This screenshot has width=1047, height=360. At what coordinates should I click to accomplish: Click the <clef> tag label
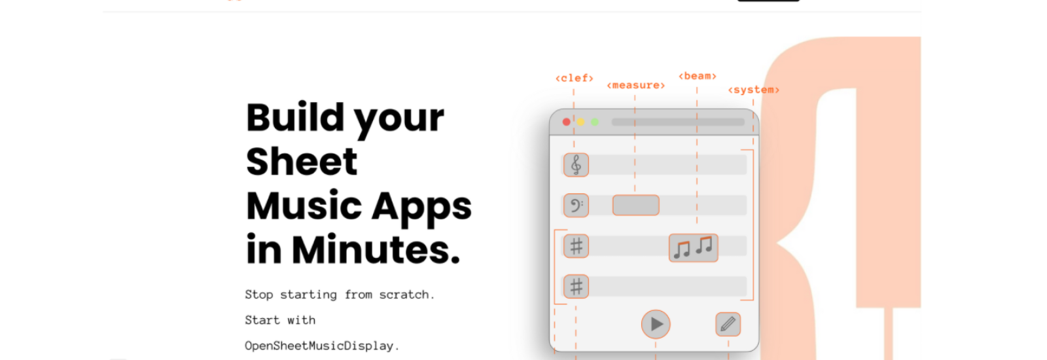(575, 78)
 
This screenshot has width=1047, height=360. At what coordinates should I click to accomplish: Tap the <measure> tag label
(635, 85)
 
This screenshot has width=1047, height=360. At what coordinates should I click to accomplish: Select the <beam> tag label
(698, 76)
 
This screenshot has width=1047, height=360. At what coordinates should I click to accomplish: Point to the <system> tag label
(753, 90)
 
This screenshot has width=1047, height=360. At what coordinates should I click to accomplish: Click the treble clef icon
(576, 164)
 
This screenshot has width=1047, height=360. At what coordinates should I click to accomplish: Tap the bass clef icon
(576, 206)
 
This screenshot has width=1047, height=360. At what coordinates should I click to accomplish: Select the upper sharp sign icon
(576, 246)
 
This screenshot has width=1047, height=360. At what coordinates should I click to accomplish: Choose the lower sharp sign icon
(576, 287)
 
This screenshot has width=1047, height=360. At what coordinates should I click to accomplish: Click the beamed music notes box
(693, 248)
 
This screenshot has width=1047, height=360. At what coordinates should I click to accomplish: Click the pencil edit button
(728, 324)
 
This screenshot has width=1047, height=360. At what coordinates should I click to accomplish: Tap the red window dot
(567, 122)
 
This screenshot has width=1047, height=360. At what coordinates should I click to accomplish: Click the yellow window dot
(580, 122)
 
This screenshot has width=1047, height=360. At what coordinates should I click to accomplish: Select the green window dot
(595, 122)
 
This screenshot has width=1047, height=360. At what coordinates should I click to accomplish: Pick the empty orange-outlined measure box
(635, 206)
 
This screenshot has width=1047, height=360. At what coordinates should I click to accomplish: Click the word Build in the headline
(295, 117)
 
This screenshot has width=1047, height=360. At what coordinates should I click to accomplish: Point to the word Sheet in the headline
(302, 161)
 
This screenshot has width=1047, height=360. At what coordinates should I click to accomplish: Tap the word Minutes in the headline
(376, 249)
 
